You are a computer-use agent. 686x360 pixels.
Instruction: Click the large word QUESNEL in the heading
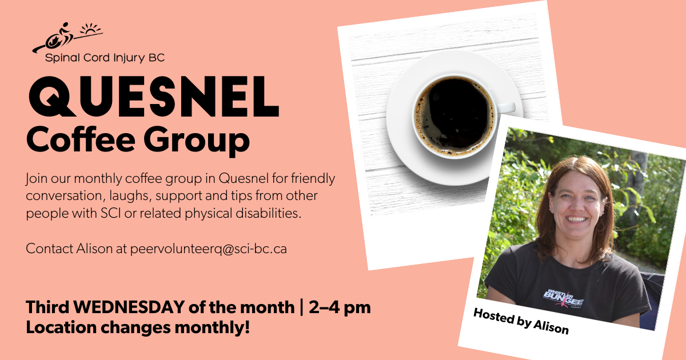[154, 96]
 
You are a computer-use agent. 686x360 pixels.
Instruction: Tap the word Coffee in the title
[81, 139]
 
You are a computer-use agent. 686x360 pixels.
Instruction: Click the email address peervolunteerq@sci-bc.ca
[209, 249]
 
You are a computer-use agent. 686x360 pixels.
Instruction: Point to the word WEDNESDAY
[129, 307]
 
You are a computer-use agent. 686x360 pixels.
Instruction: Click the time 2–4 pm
[340, 307]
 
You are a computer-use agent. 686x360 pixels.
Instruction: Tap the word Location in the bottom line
[61, 327]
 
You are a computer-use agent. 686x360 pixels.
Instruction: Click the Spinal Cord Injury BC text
[105, 58]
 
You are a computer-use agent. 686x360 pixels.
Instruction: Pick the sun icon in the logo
[90, 29]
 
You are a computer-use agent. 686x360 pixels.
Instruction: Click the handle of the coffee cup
[506, 107]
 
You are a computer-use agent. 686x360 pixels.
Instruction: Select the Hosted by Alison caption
[521, 321]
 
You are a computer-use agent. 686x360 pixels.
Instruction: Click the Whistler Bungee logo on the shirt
[564, 298]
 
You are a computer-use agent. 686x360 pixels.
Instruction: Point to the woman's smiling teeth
[576, 219]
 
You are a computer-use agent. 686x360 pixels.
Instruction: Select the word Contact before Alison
[49, 249]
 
